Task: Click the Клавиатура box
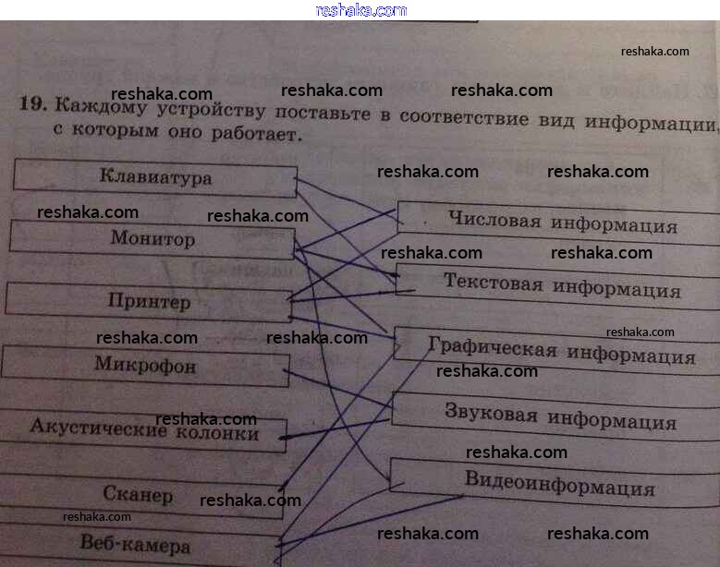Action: (154, 177)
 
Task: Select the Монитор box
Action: (153, 239)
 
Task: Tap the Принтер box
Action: (149, 302)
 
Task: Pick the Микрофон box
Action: (145, 366)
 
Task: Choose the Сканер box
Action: (139, 495)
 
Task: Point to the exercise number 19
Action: (32, 103)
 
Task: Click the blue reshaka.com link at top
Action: (360, 10)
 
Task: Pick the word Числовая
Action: (494, 221)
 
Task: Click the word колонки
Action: (219, 432)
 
